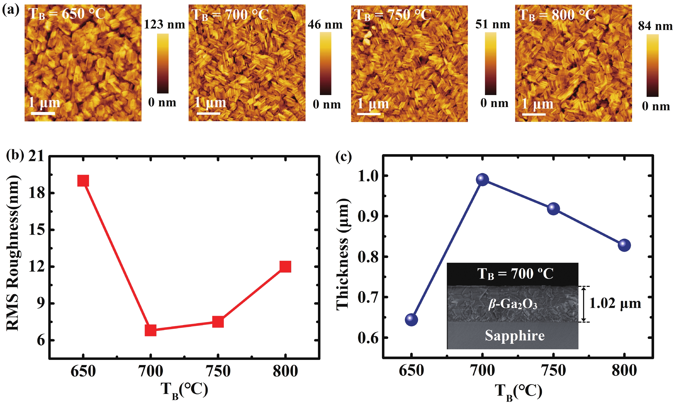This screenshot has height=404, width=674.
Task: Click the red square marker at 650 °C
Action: click(83, 180)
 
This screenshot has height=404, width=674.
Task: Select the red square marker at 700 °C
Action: click(150, 330)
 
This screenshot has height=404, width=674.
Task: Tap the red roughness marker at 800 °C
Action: click(285, 267)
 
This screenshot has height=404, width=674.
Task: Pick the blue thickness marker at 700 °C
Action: click(482, 180)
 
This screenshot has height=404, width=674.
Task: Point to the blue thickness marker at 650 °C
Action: click(411, 319)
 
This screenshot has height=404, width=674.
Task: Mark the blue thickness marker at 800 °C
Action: click(624, 245)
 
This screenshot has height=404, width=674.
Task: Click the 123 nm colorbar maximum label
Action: click(164, 24)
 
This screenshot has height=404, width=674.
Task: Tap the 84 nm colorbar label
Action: click(655, 26)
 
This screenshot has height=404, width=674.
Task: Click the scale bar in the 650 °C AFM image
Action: click(43, 113)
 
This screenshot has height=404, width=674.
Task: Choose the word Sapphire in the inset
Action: click(515, 335)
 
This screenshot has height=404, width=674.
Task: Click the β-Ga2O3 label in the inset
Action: click(513, 304)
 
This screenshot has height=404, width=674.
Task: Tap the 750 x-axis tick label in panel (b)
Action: click(218, 371)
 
